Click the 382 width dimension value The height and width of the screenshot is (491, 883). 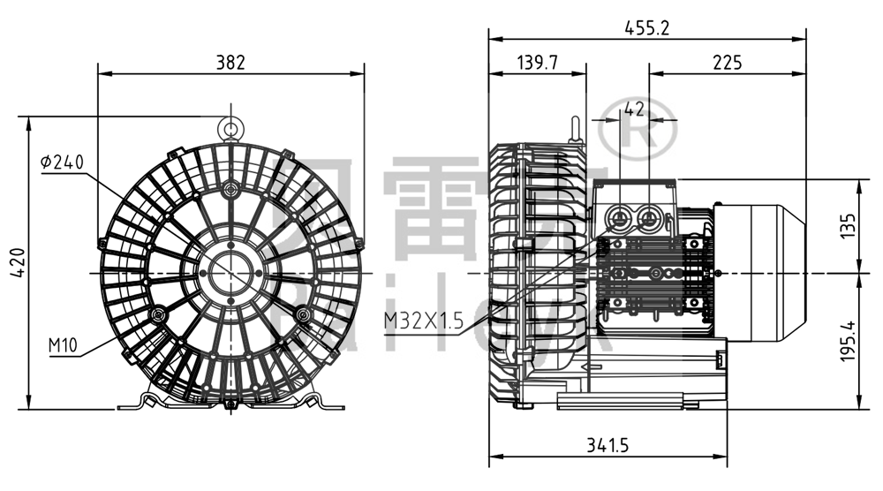pos(230,62)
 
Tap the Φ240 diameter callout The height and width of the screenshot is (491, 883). pos(62,162)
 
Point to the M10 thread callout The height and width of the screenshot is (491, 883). pos(64,343)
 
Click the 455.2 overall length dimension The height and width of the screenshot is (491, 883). pos(647,27)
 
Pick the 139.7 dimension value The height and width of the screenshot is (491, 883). pos(537,62)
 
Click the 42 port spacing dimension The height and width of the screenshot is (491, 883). pos(634,109)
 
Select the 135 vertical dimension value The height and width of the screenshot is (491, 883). pos(848,227)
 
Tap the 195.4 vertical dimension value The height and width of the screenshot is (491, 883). pos(848,341)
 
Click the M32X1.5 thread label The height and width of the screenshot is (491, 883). pos(423,321)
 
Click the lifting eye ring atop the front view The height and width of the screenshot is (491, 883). pos(230,131)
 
